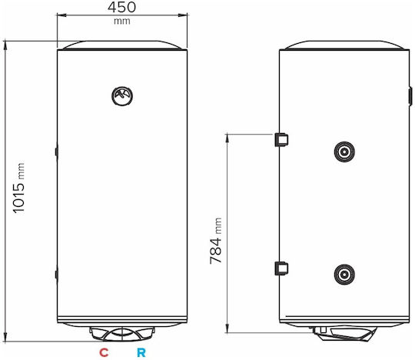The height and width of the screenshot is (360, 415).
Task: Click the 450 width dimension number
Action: point(121,7)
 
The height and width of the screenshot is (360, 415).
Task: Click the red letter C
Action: point(104,352)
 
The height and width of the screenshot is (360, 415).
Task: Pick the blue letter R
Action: point(141,352)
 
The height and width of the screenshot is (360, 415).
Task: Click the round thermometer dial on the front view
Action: point(122,96)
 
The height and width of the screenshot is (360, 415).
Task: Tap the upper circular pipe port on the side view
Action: point(344,152)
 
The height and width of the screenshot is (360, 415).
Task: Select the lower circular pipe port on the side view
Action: point(344,275)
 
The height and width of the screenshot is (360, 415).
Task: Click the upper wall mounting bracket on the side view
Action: point(281,139)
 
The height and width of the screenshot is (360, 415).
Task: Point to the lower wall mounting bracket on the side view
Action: point(281,268)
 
